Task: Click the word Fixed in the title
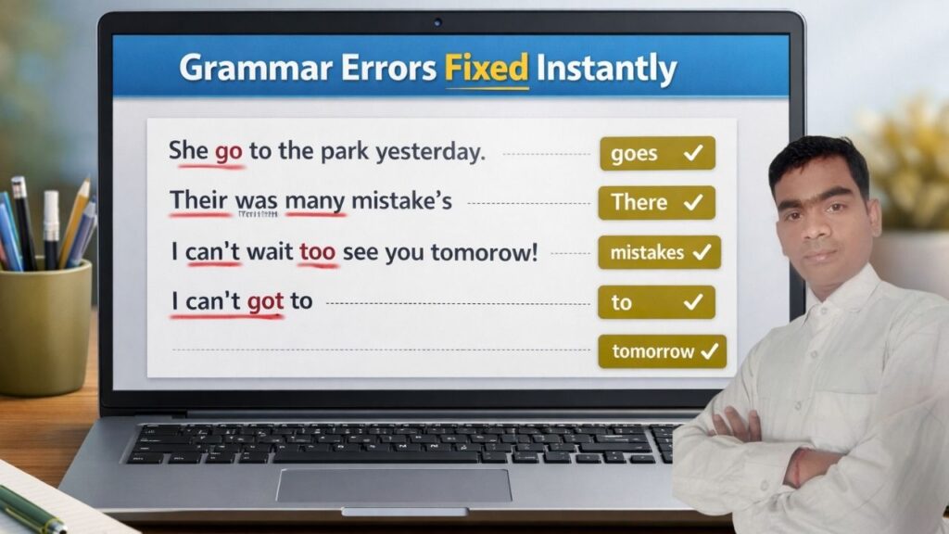coord(487,69)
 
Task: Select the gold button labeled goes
coord(657,153)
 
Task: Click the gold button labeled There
coord(656,202)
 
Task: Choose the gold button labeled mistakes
coord(659,252)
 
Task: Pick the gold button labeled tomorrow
coord(662,351)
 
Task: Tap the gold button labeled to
coord(656,302)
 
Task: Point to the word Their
coord(199,200)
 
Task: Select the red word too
coord(318,251)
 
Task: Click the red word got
coord(265,301)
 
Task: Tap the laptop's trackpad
coord(393,485)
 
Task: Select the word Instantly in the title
coord(608,70)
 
